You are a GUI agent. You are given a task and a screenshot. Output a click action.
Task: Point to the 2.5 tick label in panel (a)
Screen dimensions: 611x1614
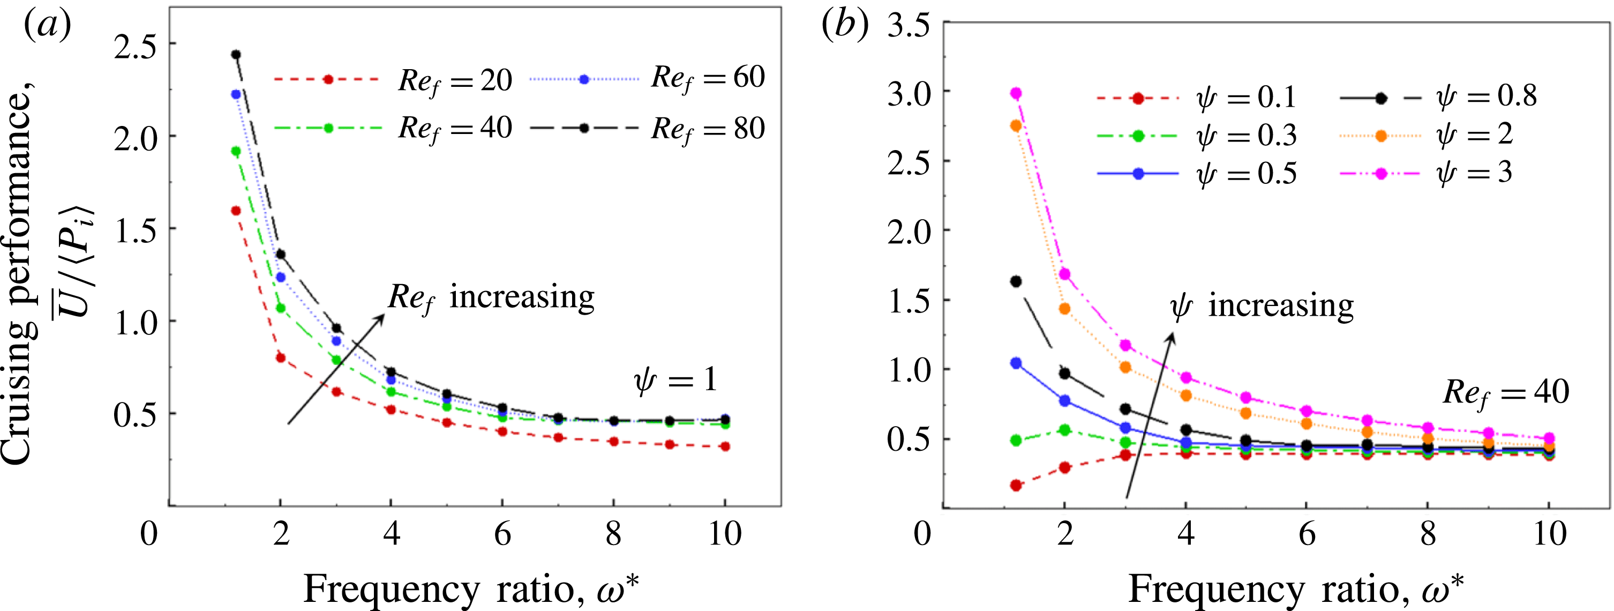pyautogui.click(x=134, y=45)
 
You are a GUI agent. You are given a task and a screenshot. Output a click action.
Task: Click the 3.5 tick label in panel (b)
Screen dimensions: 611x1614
pyautogui.click(x=908, y=27)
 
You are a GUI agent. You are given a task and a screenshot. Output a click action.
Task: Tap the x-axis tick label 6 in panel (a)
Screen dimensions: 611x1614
pyautogui.click(x=502, y=534)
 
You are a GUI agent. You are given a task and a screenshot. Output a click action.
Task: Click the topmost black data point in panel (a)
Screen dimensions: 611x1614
pyautogui.click(x=236, y=55)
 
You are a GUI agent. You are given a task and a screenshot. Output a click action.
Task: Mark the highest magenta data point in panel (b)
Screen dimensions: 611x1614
pyautogui.click(x=1016, y=93)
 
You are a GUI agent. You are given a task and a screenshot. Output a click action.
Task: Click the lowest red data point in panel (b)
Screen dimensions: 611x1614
pyautogui.click(x=1016, y=485)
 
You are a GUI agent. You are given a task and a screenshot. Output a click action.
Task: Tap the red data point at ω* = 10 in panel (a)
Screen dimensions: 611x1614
pyautogui.click(x=725, y=446)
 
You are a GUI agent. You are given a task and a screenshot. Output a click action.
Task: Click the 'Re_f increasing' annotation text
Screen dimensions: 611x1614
pyautogui.click(x=491, y=297)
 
